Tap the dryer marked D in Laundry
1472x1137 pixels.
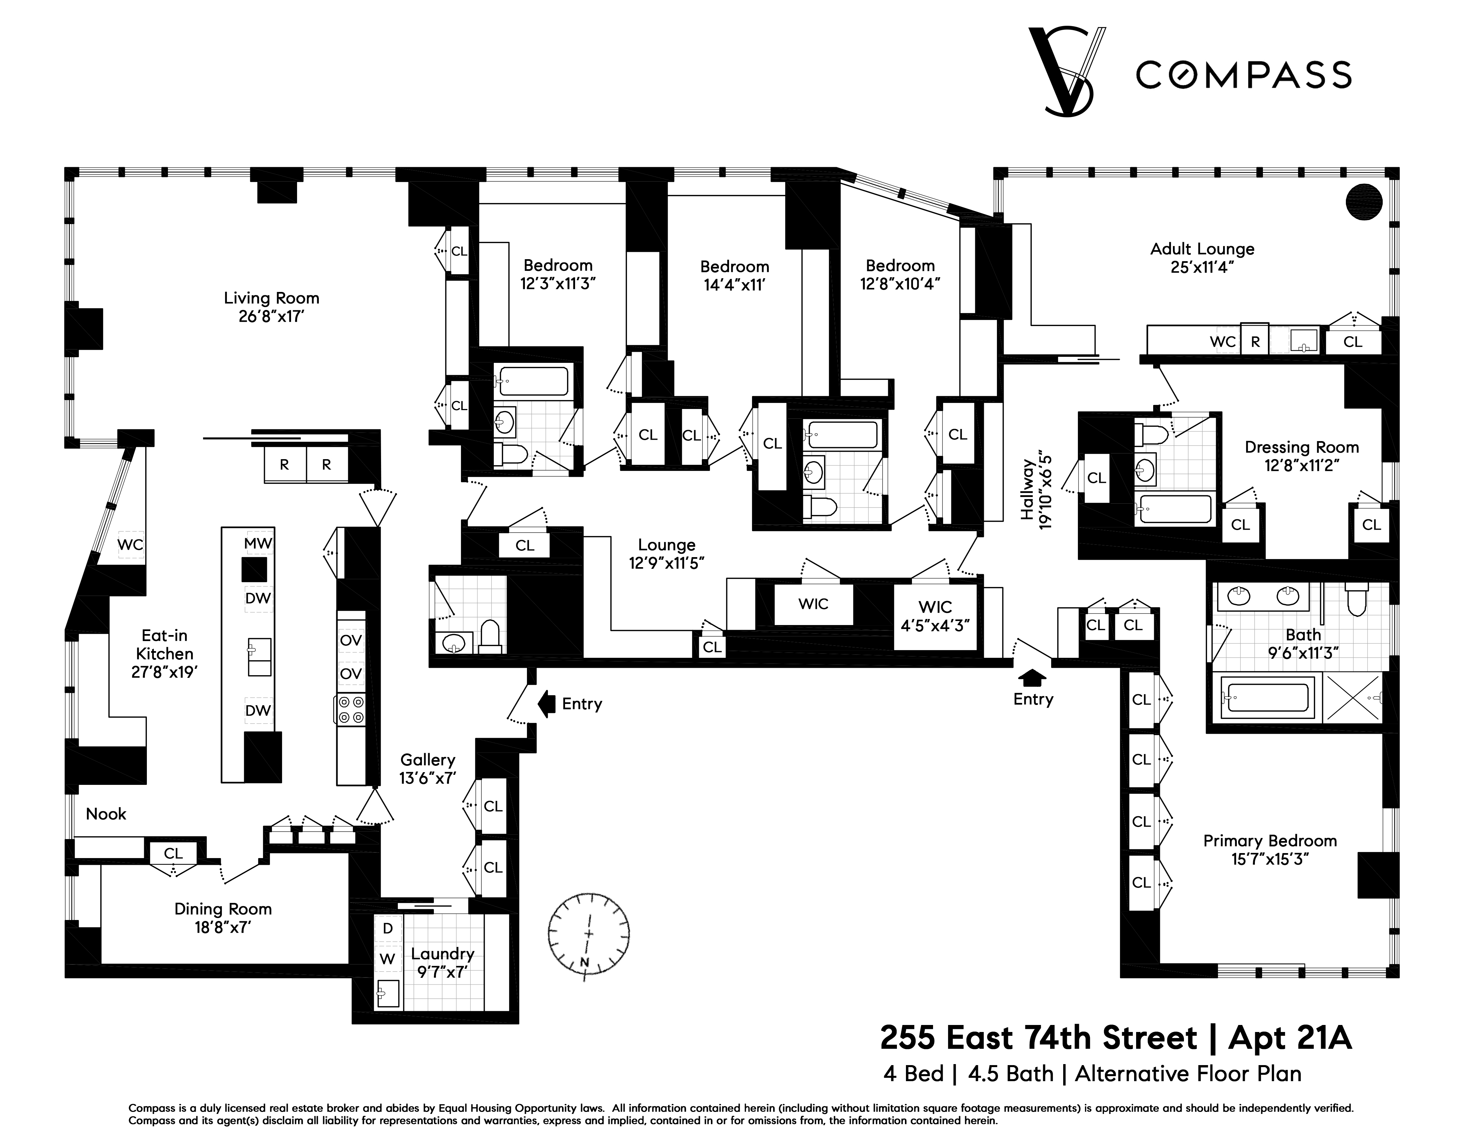click(387, 928)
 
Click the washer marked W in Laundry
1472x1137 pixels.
click(387, 958)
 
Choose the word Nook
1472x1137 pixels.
click(106, 814)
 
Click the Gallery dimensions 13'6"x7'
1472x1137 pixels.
click(427, 778)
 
